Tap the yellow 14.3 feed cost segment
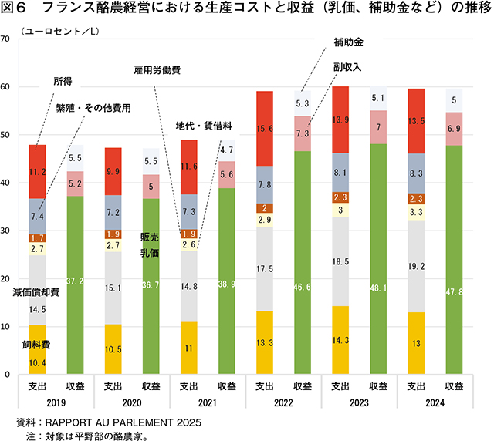tap(340, 340)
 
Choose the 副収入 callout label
tap(349, 68)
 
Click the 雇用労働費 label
tap(157, 69)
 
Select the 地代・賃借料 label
tap(198, 125)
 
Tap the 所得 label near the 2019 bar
tap(63, 80)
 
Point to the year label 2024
tap(435, 403)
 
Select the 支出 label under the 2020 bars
tap(113, 388)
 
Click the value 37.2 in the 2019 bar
tap(75, 278)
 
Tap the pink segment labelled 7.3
tap(302, 133)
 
